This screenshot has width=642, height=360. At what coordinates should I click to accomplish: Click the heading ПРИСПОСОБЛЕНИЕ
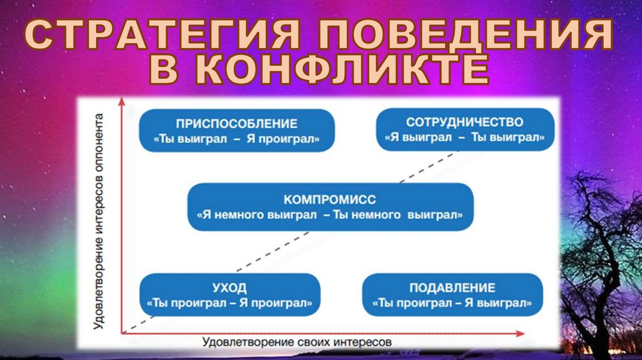coord(236,124)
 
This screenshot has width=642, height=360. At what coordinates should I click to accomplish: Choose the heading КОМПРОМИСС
coord(330,200)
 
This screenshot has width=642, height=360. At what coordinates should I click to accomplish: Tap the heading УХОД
coord(229,289)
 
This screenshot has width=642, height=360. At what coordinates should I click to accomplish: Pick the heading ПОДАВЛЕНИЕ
coord(452,289)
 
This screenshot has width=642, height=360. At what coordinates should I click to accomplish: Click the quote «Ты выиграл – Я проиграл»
coord(236,139)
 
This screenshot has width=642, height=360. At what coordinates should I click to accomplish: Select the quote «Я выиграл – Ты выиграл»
coord(465,137)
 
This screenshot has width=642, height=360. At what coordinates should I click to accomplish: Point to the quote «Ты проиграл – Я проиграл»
coord(229,304)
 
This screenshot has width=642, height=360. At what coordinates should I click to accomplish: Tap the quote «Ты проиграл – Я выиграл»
coord(452,304)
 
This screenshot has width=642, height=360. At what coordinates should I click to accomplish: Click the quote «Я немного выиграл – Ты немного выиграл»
coord(330,215)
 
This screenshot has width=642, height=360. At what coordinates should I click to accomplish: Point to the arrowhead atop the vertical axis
coord(123,100)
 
